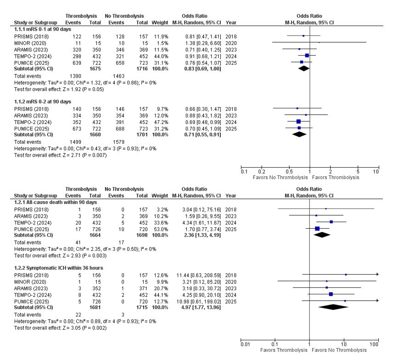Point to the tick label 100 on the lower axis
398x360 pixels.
tap(374, 344)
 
